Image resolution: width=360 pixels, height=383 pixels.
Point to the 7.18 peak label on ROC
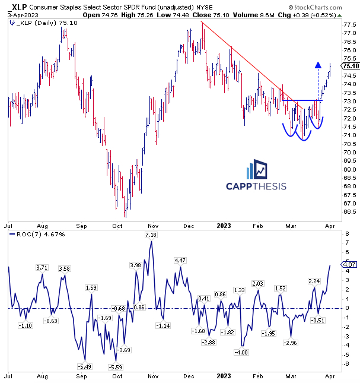tap(150, 236)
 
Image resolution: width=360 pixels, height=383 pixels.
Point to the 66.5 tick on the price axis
tap(349, 211)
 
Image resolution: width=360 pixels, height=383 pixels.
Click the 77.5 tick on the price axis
tap(349, 25)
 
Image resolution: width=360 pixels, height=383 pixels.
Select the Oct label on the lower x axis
tap(117, 376)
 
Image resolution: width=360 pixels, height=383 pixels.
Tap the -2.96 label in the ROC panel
tap(291, 343)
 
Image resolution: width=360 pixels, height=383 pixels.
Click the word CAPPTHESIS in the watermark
tap(256, 186)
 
